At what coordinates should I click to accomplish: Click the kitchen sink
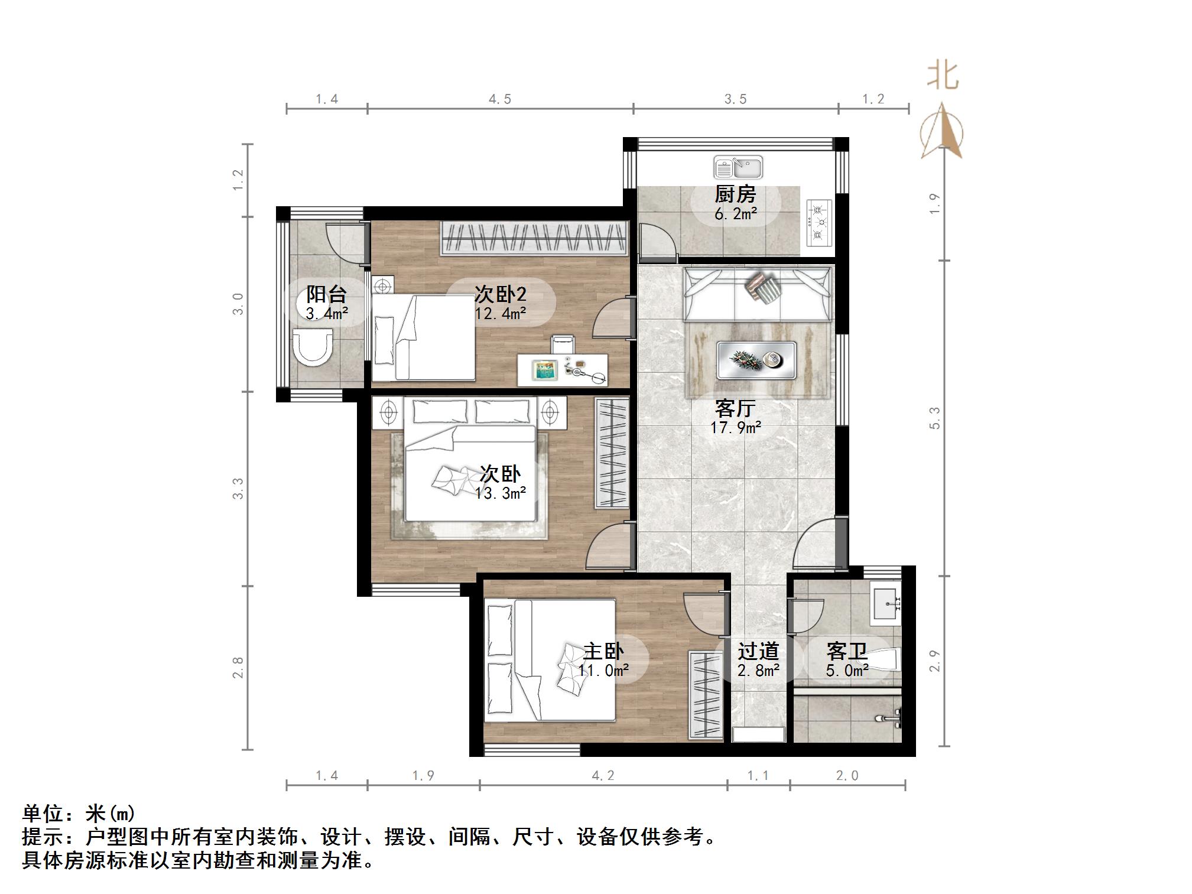click(738, 167)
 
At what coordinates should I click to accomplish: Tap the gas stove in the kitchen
click(819, 223)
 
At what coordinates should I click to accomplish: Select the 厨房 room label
click(735, 194)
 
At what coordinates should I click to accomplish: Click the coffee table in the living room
click(756, 359)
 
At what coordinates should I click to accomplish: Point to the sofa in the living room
click(758, 294)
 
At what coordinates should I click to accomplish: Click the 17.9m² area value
click(735, 427)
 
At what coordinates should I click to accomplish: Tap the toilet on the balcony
click(313, 347)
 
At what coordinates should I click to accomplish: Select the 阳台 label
click(326, 294)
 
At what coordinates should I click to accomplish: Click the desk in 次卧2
click(561, 369)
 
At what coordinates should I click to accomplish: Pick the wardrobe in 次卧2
click(534, 238)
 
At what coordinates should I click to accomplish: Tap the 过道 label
click(758, 651)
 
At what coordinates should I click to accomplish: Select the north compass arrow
click(941, 131)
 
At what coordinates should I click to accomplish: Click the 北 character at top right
click(942, 76)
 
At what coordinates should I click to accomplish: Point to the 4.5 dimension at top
click(499, 99)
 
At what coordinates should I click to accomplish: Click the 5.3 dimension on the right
click(934, 418)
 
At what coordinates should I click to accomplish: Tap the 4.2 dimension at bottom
click(603, 775)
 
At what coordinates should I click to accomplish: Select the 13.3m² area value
click(500, 493)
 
